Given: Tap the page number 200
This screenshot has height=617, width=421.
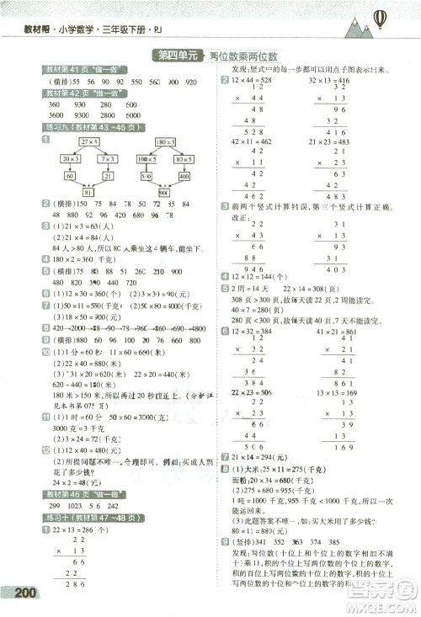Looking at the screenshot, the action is pyautogui.click(x=28, y=593).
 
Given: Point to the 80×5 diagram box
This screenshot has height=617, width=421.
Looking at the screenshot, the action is pyautogui.click(x=184, y=158).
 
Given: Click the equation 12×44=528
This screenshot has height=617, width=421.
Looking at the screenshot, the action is pyautogui.click(x=250, y=80).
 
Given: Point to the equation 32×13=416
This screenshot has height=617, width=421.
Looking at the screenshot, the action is pyautogui.click(x=331, y=80).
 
